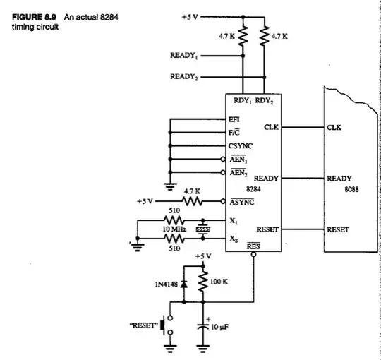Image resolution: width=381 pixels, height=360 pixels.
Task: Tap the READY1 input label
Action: click(x=186, y=55)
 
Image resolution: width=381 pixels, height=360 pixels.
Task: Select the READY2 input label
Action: click(x=186, y=77)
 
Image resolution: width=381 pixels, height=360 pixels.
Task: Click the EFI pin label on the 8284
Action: click(x=234, y=120)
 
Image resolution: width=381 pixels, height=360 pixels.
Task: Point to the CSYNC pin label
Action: click(x=241, y=146)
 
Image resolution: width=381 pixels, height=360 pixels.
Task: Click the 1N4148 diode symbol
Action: click(x=184, y=284)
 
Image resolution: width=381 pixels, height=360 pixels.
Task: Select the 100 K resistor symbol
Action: click(x=203, y=283)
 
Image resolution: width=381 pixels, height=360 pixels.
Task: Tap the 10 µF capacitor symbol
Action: click(x=203, y=326)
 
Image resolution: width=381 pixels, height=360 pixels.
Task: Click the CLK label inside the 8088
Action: click(x=334, y=128)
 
